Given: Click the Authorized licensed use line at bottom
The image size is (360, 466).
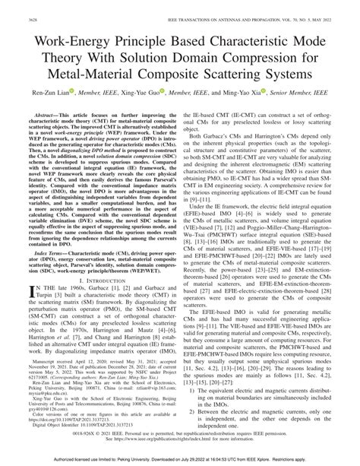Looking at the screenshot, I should click(180, 461).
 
